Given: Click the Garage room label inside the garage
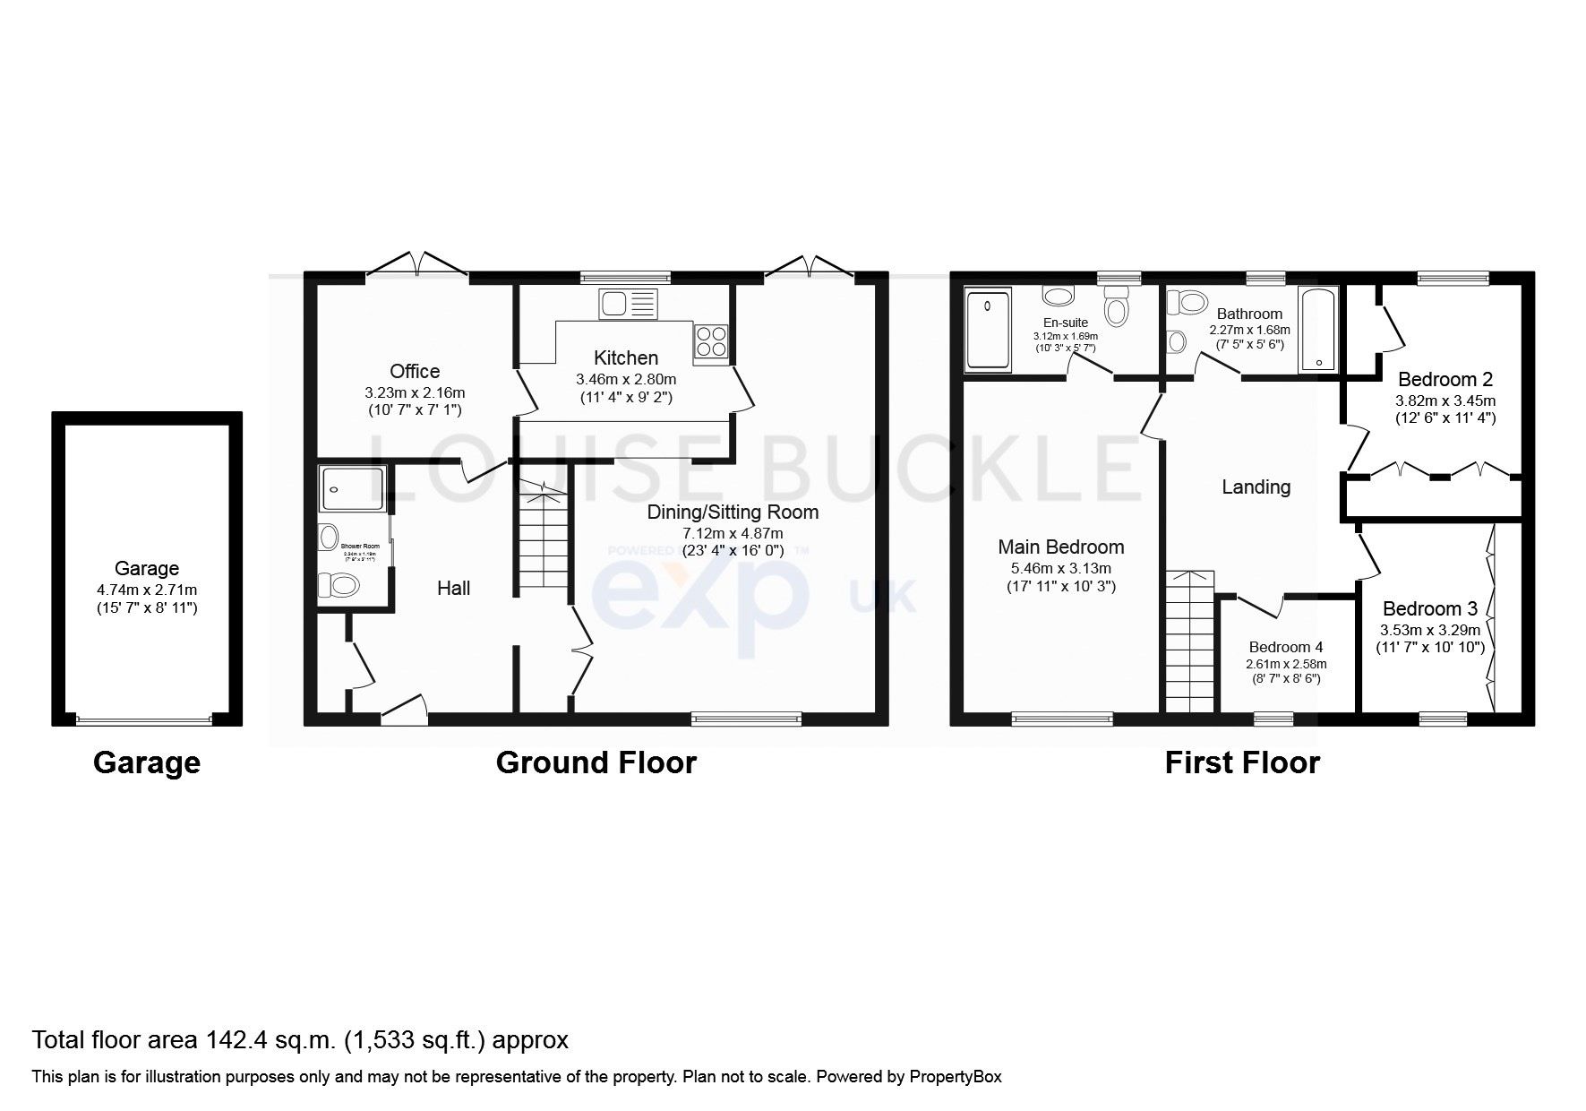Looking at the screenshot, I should click(147, 568).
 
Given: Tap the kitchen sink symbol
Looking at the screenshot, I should click(628, 305).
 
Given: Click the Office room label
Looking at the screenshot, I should click(415, 371).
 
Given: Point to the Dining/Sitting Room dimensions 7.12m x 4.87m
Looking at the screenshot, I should click(733, 533).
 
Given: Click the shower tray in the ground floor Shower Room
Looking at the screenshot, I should click(352, 489).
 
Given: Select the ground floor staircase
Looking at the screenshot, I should click(544, 542).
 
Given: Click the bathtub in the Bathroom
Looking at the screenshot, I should click(1317, 330).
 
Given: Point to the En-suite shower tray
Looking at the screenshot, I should click(988, 329).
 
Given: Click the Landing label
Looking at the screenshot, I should click(1256, 487).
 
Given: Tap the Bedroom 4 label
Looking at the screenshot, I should click(1286, 647).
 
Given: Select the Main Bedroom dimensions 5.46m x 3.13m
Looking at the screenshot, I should click(1061, 568).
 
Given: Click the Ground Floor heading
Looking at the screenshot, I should click(596, 762).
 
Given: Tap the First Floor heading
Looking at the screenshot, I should click(1241, 762).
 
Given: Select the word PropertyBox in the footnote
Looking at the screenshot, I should click(955, 1077).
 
